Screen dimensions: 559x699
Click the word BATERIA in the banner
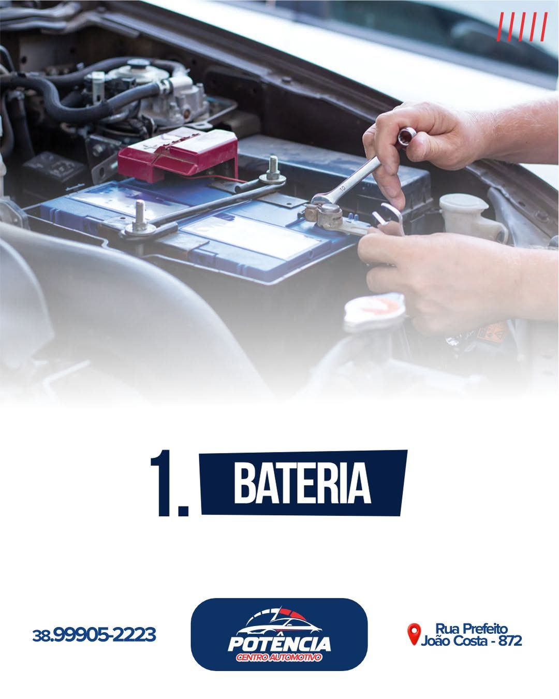click(302, 483)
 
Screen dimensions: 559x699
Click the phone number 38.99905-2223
click(94, 634)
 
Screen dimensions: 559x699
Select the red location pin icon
click(414, 634)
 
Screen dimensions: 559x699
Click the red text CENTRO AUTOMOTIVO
click(279, 658)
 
